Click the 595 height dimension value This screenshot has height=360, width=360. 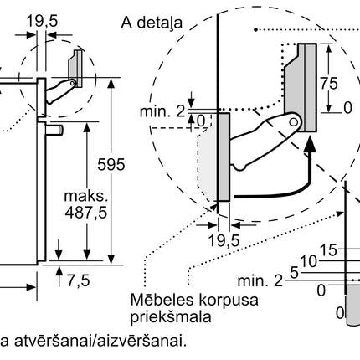coord(111,164)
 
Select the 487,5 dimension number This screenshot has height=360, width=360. coord(86,213)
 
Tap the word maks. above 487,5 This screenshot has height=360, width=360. coord(85,196)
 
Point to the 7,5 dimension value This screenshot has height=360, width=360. coord(79,280)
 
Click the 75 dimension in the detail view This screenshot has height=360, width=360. coord(329,83)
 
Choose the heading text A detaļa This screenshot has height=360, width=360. coord(152,23)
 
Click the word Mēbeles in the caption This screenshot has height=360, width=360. coord(162,300)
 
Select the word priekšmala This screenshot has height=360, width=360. coord(171,316)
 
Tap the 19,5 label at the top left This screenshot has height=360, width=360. coord(42,21)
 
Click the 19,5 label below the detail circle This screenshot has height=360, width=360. coord(224,240)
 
